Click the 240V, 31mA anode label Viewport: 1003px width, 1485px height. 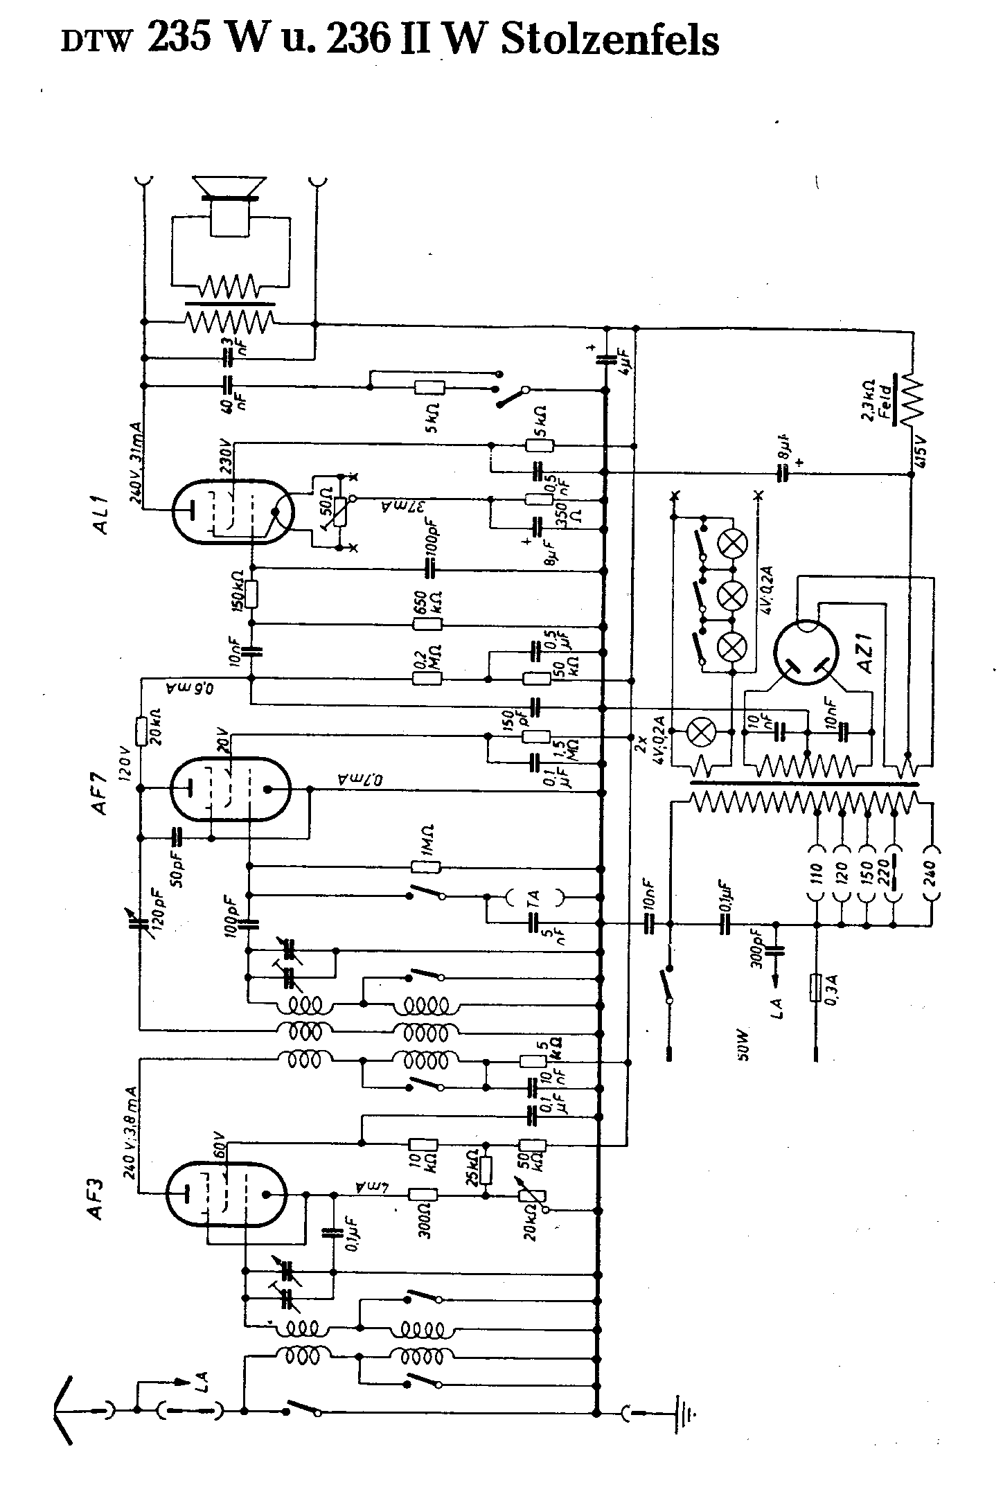134,462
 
